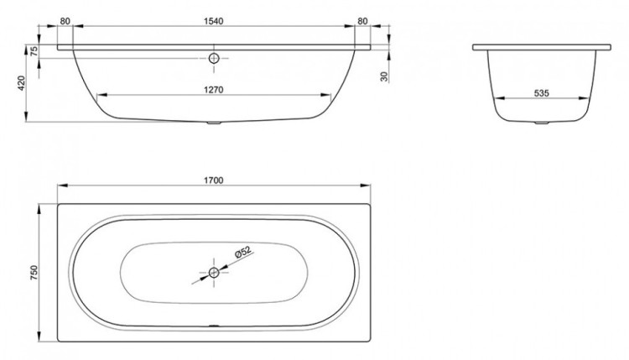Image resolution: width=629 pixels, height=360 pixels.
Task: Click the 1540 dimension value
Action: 213,21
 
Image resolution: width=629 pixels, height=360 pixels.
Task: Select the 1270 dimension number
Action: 213,90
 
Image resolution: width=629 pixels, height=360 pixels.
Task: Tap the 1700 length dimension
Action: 213,180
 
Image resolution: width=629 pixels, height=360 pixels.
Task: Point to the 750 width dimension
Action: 34,272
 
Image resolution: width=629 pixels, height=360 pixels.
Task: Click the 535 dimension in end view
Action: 541,93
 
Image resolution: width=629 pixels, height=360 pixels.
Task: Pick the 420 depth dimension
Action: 21,83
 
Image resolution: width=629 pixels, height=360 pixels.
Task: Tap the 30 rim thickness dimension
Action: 384,76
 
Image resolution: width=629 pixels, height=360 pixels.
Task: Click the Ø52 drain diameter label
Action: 242,253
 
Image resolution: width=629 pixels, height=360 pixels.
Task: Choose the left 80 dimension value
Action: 65,21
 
